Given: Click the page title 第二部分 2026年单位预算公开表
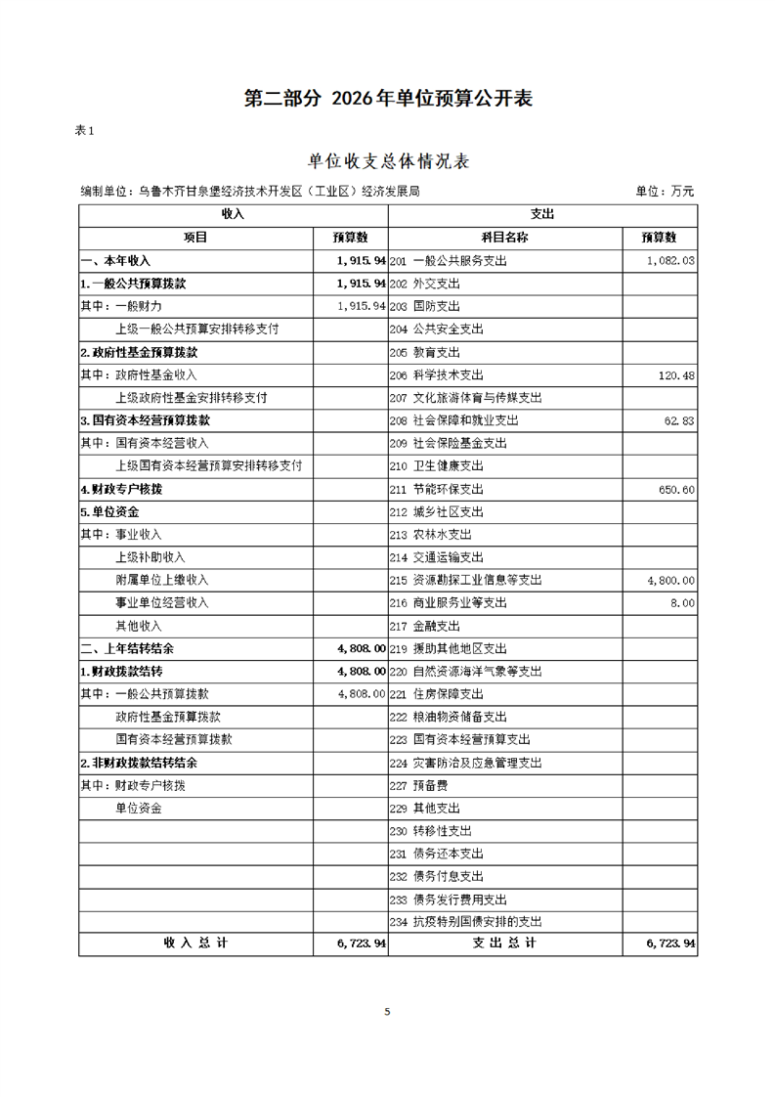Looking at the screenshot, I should (x=387, y=99).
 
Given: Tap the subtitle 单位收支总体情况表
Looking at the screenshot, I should (x=388, y=161).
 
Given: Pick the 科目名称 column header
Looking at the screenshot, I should (x=504, y=237).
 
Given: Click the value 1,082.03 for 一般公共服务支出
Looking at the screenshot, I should (x=670, y=261).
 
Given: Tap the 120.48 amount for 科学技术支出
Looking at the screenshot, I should (x=677, y=375).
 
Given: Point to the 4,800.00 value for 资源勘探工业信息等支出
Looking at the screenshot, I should (x=670, y=581).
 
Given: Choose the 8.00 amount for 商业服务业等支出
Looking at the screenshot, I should (x=684, y=603).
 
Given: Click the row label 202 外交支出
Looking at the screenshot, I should (x=424, y=284).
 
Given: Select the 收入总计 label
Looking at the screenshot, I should (x=195, y=943).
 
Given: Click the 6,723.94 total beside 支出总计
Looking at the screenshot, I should (x=670, y=943).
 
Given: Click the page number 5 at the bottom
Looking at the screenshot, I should (x=387, y=1012).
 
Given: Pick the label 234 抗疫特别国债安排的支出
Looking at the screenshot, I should (x=465, y=922).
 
